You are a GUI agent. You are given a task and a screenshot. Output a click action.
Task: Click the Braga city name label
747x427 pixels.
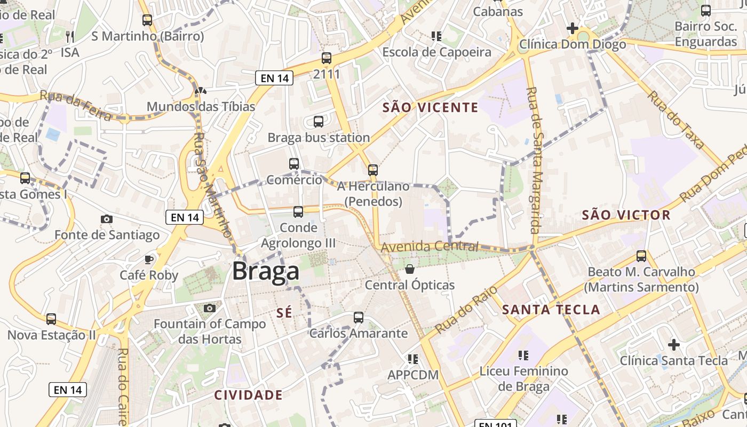266,272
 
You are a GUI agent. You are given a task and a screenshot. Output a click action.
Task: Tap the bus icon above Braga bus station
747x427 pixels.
319,122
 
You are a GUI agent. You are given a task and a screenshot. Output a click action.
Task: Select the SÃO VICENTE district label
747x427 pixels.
430,107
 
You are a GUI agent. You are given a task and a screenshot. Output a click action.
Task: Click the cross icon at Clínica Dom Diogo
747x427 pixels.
573,28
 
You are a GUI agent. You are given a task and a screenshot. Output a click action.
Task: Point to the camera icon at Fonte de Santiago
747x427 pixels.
107,219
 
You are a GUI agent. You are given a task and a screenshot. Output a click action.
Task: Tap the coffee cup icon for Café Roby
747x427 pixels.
149,259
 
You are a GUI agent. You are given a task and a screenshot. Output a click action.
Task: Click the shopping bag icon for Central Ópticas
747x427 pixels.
410,269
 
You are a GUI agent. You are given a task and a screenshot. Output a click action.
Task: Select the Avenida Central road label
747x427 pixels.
430,247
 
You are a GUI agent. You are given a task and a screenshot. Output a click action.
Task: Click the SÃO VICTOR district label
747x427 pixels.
626,215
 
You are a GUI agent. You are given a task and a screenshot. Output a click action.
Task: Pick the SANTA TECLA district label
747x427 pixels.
551,309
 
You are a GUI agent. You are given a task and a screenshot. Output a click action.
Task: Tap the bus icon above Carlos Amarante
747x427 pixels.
359,318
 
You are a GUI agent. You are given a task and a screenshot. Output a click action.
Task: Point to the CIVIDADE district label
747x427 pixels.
248,395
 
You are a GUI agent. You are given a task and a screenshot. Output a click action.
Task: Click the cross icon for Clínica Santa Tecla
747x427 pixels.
674,345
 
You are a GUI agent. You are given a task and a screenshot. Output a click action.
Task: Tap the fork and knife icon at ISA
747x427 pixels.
70,36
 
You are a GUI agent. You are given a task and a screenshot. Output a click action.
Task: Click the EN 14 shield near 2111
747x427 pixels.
275,78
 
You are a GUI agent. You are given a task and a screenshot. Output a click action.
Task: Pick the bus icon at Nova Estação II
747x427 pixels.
51,319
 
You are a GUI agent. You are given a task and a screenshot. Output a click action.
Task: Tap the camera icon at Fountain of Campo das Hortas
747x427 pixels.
210,308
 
